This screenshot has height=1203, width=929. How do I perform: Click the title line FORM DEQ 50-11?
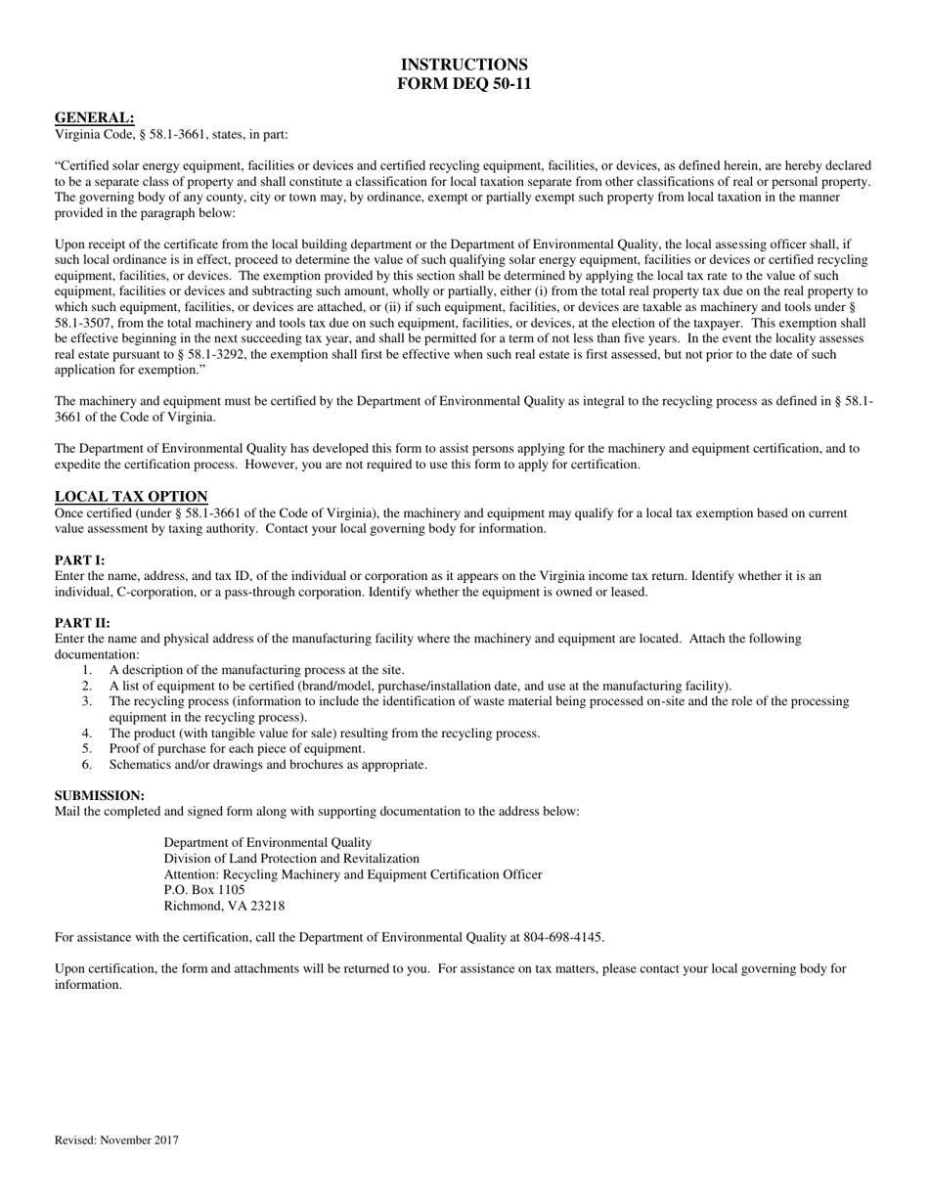464,84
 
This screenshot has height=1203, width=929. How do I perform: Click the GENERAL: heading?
94,117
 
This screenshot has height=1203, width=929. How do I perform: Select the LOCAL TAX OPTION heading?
131,496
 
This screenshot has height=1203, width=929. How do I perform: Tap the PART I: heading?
79,560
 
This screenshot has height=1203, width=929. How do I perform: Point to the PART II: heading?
82,623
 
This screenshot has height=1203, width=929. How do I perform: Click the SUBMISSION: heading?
99,795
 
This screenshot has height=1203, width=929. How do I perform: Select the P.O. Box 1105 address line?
204,890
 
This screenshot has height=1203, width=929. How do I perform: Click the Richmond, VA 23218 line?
224,906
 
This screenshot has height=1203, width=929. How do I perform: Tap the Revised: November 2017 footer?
116,1139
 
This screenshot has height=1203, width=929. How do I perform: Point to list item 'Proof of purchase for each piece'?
237,748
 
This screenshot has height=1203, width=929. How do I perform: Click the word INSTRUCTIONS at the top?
464,65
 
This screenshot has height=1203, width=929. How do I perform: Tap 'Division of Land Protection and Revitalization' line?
291,858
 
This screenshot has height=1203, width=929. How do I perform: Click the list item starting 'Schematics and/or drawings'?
268,764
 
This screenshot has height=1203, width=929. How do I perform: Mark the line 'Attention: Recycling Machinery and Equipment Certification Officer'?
352,874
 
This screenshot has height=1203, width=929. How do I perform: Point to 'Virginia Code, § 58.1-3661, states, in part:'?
171,134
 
